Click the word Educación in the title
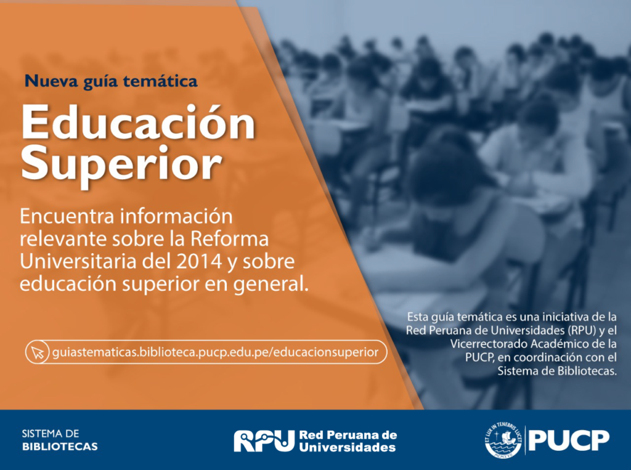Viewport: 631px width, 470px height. [x=138, y=123]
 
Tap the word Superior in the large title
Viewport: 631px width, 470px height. [x=121, y=165]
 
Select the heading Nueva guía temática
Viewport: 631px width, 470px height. [x=111, y=81]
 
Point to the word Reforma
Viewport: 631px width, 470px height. [x=229, y=238]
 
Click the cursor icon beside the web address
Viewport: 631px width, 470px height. [x=38, y=352]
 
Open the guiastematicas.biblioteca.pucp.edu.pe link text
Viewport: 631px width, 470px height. [x=215, y=352]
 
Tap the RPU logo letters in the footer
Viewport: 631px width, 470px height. [x=264, y=440]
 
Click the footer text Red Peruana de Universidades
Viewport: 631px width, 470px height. [x=348, y=441]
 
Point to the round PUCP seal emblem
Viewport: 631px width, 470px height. [x=503, y=440]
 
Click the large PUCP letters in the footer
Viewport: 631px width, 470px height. [x=569, y=440]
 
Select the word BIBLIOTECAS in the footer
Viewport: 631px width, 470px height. [x=60, y=447]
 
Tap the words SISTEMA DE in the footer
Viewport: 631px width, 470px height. [x=51, y=434]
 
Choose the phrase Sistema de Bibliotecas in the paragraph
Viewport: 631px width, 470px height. [x=557, y=371]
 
